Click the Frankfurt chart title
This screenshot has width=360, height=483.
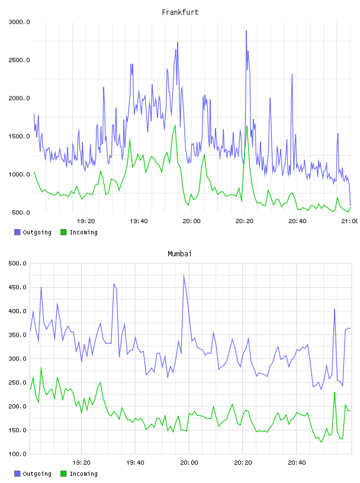(180, 12)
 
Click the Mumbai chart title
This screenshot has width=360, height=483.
(179, 254)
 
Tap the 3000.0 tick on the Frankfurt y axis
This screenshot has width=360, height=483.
(19, 22)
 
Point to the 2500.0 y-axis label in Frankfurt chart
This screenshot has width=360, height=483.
(19, 60)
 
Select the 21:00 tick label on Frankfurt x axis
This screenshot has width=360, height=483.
(350, 221)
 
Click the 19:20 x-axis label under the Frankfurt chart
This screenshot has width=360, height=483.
(86, 221)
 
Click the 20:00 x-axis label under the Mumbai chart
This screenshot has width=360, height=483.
(189, 462)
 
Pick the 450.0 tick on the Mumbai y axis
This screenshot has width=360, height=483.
(17, 288)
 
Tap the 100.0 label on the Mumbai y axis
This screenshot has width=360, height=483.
(17, 454)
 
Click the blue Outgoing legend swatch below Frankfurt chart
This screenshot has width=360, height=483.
(17, 232)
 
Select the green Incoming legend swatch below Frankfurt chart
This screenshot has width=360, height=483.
(63, 232)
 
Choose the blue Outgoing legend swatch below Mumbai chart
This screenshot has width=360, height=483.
(17, 474)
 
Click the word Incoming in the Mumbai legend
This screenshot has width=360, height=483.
(83, 474)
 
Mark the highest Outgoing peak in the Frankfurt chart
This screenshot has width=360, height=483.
(246, 31)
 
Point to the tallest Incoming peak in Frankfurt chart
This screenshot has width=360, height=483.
(247, 125)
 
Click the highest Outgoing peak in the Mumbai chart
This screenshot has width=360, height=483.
(184, 275)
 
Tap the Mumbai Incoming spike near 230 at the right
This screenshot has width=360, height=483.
(335, 392)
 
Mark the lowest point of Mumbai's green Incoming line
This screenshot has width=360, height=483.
(321, 442)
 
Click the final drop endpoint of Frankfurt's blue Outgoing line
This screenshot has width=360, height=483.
(351, 205)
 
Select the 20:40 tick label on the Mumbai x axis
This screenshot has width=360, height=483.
(297, 462)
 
